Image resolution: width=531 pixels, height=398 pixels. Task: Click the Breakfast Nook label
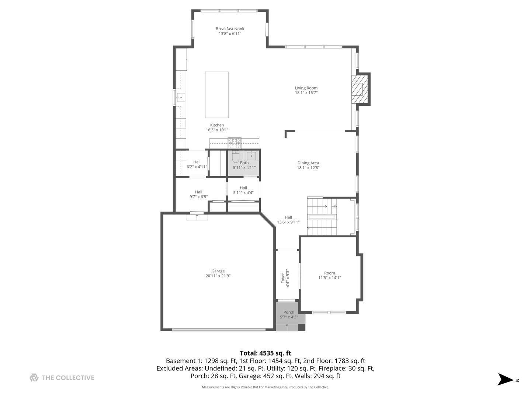point(230,29)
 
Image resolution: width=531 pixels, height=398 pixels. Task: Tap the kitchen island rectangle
point(217,95)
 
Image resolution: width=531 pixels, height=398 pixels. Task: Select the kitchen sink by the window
point(180,98)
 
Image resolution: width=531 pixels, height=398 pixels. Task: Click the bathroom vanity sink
point(251,155)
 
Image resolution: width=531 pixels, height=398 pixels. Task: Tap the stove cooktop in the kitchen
point(234,142)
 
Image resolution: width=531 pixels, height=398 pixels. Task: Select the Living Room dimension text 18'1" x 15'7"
point(306,93)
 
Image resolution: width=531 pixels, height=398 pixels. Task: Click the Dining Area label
point(308,163)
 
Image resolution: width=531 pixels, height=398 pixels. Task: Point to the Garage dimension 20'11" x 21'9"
point(218,276)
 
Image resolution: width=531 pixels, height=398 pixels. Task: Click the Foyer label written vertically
point(283,278)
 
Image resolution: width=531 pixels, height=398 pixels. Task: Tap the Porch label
point(289,312)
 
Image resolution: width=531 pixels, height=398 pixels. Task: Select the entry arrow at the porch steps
point(287,327)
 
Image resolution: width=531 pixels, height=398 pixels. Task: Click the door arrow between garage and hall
point(197,216)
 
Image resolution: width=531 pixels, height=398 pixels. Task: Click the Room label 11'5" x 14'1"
point(329,276)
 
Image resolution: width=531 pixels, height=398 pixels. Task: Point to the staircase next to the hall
point(322,217)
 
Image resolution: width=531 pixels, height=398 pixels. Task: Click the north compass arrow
point(506,380)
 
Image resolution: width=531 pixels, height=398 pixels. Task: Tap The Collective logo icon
point(34,378)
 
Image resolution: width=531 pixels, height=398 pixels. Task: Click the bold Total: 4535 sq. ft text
point(265,353)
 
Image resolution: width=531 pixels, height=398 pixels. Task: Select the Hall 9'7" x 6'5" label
point(198,194)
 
